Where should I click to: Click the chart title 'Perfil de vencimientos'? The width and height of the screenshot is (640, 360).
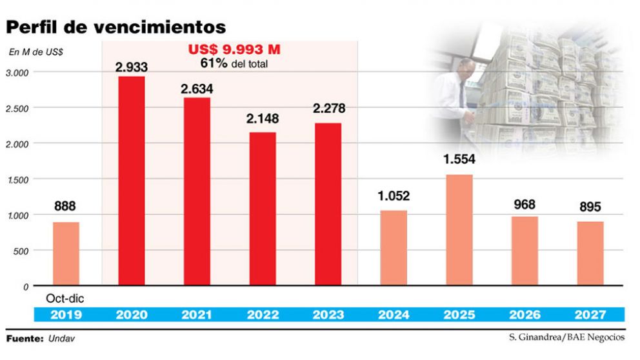[x=116, y=26]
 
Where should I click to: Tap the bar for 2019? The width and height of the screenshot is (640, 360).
[x=65, y=254]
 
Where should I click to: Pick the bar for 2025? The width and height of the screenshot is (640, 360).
[x=459, y=230]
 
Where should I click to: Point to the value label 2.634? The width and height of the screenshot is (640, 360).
[x=197, y=88]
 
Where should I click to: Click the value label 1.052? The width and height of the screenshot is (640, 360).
[x=394, y=196]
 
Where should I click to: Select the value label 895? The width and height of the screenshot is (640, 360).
[x=590, y=207]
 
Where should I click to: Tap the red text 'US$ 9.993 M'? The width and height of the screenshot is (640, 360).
[x=234, y=50]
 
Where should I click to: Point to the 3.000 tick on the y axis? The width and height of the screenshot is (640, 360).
[x=17, y=72]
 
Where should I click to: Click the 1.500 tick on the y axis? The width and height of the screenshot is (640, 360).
[x=17, y=179]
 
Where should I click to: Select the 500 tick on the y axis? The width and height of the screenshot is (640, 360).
[x=21, y=250]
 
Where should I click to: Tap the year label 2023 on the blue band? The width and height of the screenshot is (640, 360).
[x=328, y=315]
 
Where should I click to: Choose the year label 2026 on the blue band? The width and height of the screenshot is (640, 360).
[x=525, y=315]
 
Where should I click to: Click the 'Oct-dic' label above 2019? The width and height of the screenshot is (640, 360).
[x=65, y=299]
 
